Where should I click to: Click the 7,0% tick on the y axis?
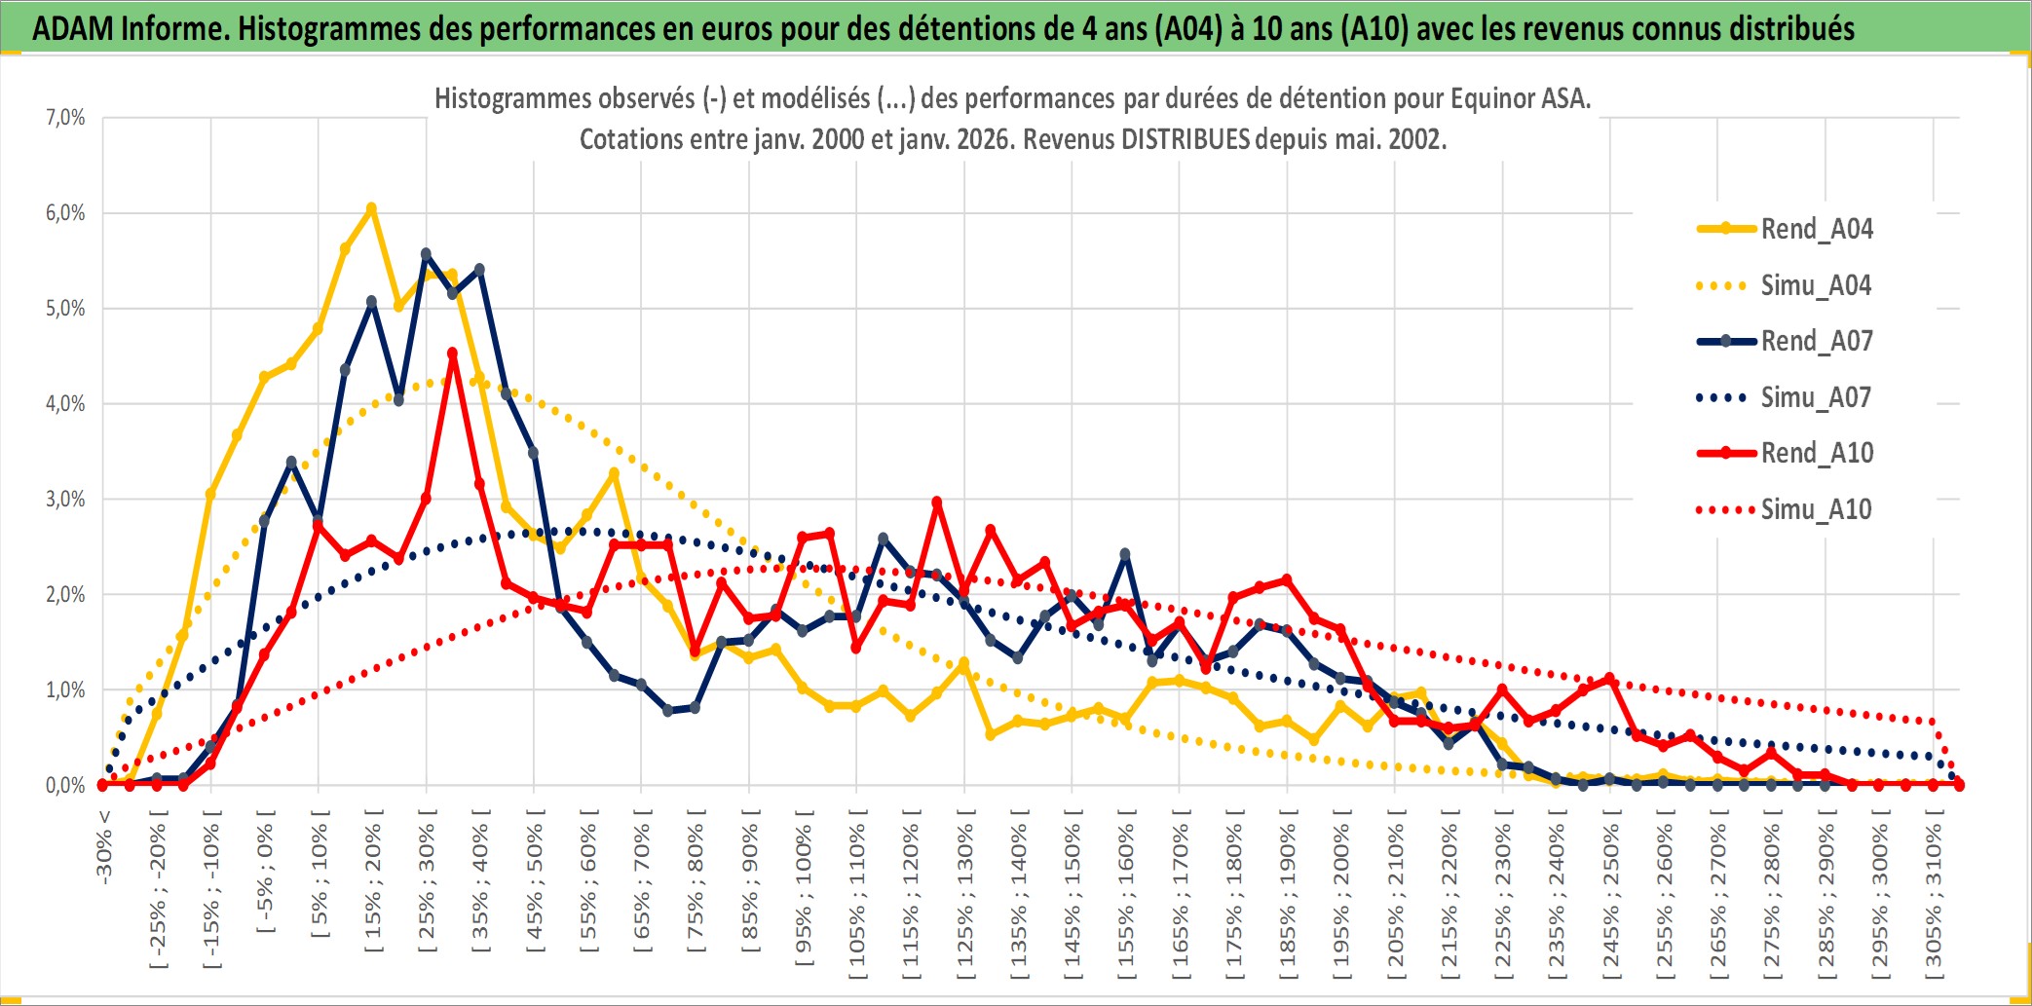tap(65, 118)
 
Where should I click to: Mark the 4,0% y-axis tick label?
tap(65, 403)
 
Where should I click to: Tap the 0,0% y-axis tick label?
tap(65, 785)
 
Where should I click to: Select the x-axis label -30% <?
tap(103, 847)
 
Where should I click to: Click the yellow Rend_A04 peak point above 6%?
tap(371, 208)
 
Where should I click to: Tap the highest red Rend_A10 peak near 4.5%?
tap(452, 354)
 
